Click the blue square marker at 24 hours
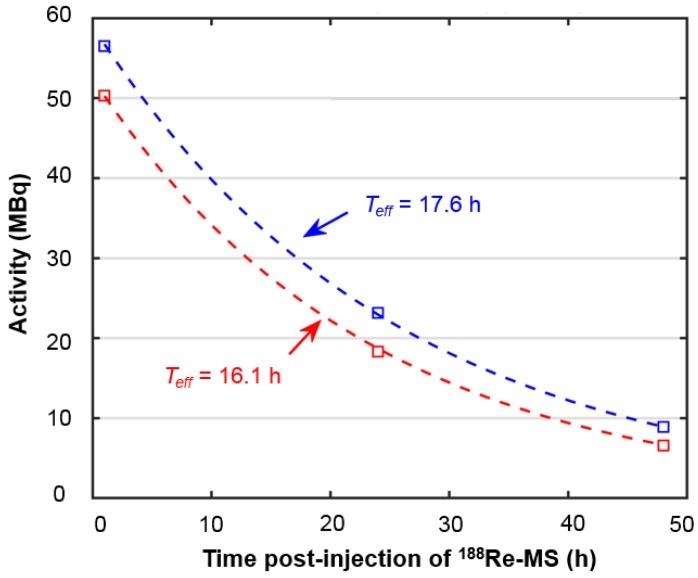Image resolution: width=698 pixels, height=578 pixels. [x=378, y=313]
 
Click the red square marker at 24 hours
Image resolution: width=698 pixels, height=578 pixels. [x=378, y=351]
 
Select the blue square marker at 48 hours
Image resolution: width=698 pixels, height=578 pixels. [x=663, y=427]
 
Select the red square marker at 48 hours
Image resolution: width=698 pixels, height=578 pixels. [x=663, y=445]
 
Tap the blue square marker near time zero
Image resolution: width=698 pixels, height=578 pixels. [x=104, y=46]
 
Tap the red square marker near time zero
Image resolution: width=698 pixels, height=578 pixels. [x=104, y=96]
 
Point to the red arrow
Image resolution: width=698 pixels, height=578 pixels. [x=305, y=338]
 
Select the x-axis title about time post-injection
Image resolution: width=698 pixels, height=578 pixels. [x=391, y=557]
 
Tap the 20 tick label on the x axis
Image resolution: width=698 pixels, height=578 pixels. [x=329, y=522]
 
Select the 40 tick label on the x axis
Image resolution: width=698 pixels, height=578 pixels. [x=567, y=522]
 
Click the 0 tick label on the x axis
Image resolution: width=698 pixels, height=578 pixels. [x=98, y=522]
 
